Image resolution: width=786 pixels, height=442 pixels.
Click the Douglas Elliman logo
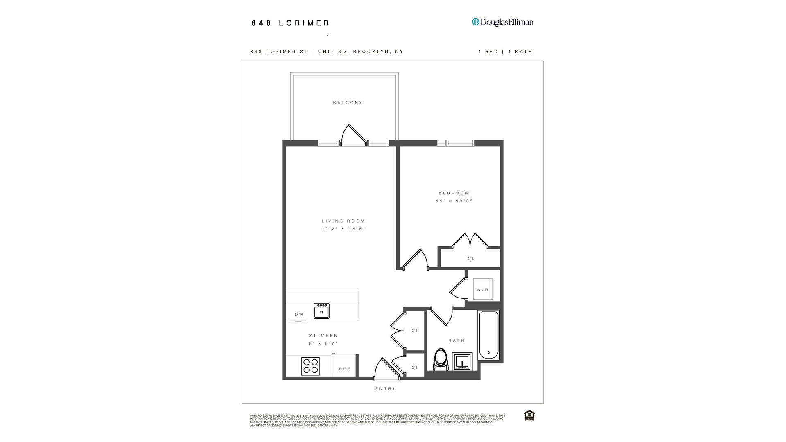(503, 22)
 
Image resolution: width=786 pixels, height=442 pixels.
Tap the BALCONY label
(348, 103)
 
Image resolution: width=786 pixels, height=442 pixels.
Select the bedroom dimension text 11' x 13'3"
(454, 201)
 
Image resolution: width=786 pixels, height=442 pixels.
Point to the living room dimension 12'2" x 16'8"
(343, 229)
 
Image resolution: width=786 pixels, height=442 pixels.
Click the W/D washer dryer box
(483, 289)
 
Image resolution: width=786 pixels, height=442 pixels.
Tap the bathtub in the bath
(489, 335)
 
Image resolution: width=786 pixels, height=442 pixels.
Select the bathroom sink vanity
(462, 362)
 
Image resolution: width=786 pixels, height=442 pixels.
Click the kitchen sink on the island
(321, 311)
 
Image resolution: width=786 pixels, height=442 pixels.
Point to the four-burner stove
(310, 366)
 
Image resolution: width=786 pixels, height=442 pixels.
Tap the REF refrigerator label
(345, 369)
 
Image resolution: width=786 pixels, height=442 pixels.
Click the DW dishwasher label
(299, 314)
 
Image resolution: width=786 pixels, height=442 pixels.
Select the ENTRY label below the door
(385, 389)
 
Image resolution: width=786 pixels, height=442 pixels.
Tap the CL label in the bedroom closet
(471, 259)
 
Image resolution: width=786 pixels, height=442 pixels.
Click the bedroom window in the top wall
(456, 143)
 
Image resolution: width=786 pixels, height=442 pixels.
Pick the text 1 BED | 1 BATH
(505, 52)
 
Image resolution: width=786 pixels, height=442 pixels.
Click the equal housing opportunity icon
(529, 415)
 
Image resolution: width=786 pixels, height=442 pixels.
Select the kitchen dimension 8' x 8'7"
(323, 344)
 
